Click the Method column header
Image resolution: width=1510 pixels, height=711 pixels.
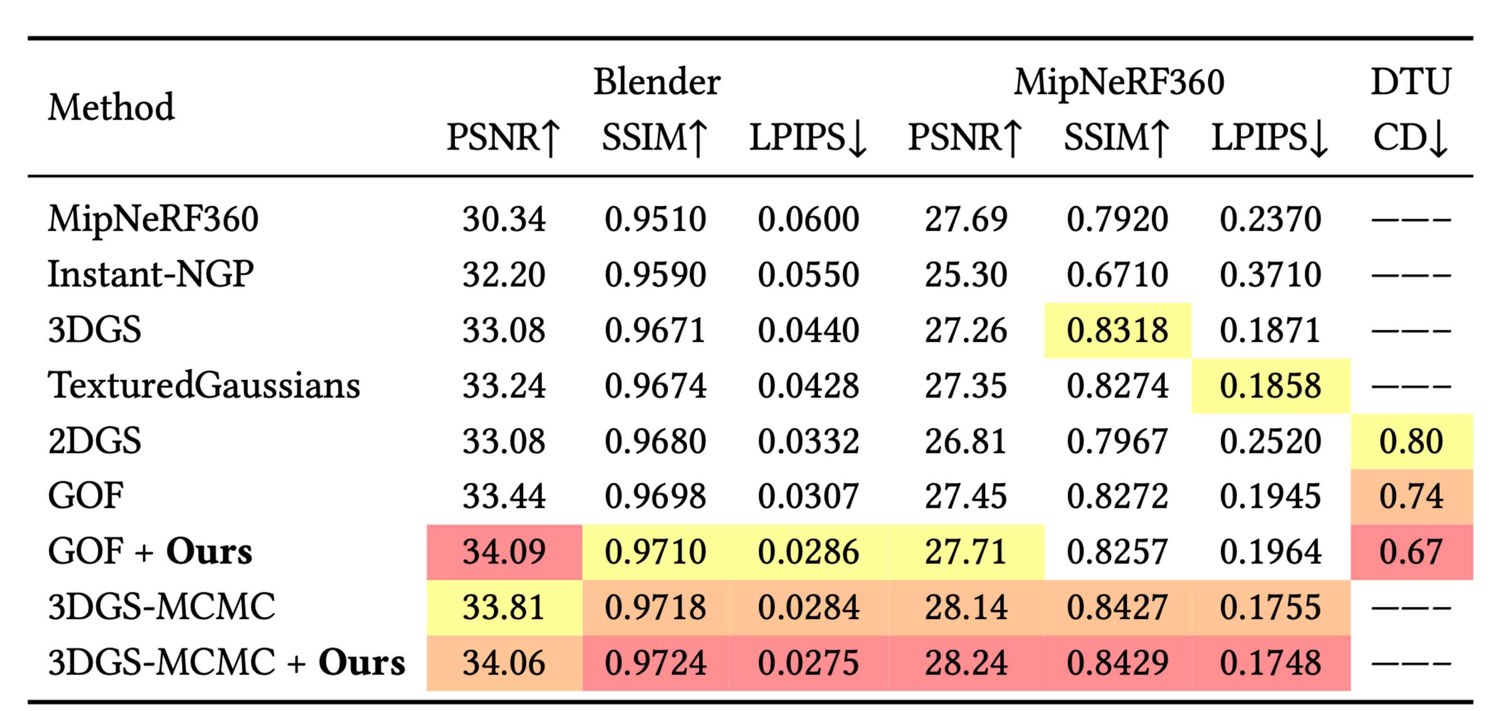click(x=111, y=107)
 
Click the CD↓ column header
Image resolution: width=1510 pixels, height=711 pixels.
click(x=1410, y=138)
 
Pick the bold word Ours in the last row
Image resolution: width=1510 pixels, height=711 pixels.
click(x=361, y=663)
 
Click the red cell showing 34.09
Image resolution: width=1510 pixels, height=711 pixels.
click(x=504, y=552)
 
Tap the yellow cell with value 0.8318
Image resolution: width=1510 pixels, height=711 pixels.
click(x=1117, y=330)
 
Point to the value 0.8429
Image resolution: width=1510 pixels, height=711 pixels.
click(x=1117, y=663)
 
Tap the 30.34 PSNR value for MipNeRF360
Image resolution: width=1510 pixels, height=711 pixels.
click(x=504, y=219)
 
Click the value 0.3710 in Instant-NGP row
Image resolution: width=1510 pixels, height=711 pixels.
click(x=1270, y=274)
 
